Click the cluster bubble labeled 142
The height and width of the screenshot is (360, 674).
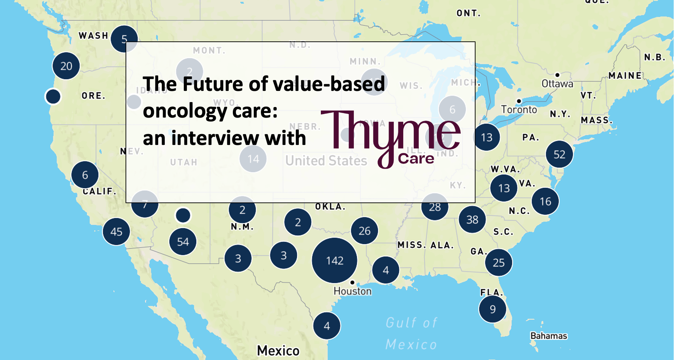[x=335, y=260]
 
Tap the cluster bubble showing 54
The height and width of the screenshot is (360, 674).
[x=183, y=241]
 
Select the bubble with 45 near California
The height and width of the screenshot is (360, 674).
[x=116, y=232]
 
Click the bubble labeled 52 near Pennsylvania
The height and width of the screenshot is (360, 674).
[x=559, y=154]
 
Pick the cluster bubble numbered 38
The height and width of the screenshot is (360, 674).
[x=472, y=220]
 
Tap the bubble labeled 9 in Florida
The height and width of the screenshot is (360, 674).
[x=492, y=309]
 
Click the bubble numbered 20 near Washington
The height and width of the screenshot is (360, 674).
[x=66, y=66]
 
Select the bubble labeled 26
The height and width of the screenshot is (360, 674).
[x=364, y=231]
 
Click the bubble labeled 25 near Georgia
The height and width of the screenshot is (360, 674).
[x=498, y=262]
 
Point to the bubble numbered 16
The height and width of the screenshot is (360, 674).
[x=545, y=201]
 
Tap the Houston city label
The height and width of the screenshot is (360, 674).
[x=352, y=291]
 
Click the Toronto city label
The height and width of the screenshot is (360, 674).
[x=519, y=110]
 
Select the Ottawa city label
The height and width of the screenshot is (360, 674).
[x=557, y=84]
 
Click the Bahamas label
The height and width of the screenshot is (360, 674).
[x=548, y=336]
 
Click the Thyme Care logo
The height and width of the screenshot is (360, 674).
[x=390, y=139]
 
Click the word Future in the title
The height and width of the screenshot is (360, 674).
[x=213, y=84]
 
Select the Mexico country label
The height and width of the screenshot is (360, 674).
[x=278, y=350]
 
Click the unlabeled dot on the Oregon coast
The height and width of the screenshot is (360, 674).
[x=53, y=96]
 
